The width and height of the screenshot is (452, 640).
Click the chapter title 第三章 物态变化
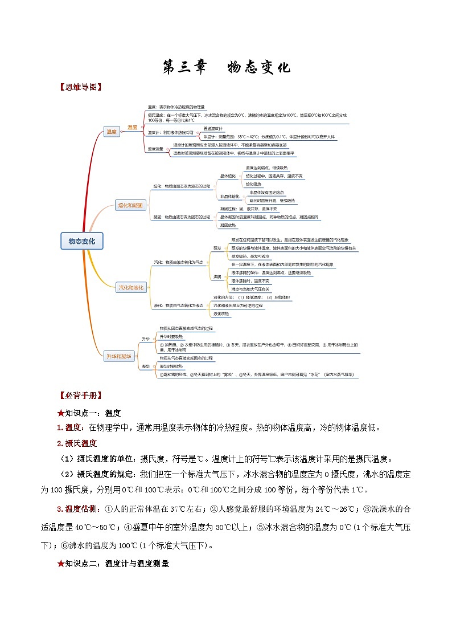[226, 67]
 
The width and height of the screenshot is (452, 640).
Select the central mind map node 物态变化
[81, 241]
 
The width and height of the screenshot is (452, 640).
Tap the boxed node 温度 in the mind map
[112, 132]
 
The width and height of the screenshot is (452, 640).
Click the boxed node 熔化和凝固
[131, 205]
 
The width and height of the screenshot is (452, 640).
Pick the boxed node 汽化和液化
[131, 287]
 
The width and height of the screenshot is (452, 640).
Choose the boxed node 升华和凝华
[119, 356]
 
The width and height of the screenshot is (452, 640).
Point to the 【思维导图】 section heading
[80, 87]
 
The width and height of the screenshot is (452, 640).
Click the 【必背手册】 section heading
[80, 395]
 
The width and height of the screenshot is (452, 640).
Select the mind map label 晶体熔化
[228, 176]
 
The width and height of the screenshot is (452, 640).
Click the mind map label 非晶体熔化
[230, 196]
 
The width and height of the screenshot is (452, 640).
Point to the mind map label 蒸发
[217, 248]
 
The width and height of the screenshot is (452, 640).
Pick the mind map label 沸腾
[217, 276]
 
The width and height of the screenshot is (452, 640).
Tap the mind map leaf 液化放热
[221, 313]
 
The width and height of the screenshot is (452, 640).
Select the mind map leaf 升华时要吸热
[171, 337]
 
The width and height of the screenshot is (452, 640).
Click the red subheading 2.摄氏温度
[76, 443]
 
